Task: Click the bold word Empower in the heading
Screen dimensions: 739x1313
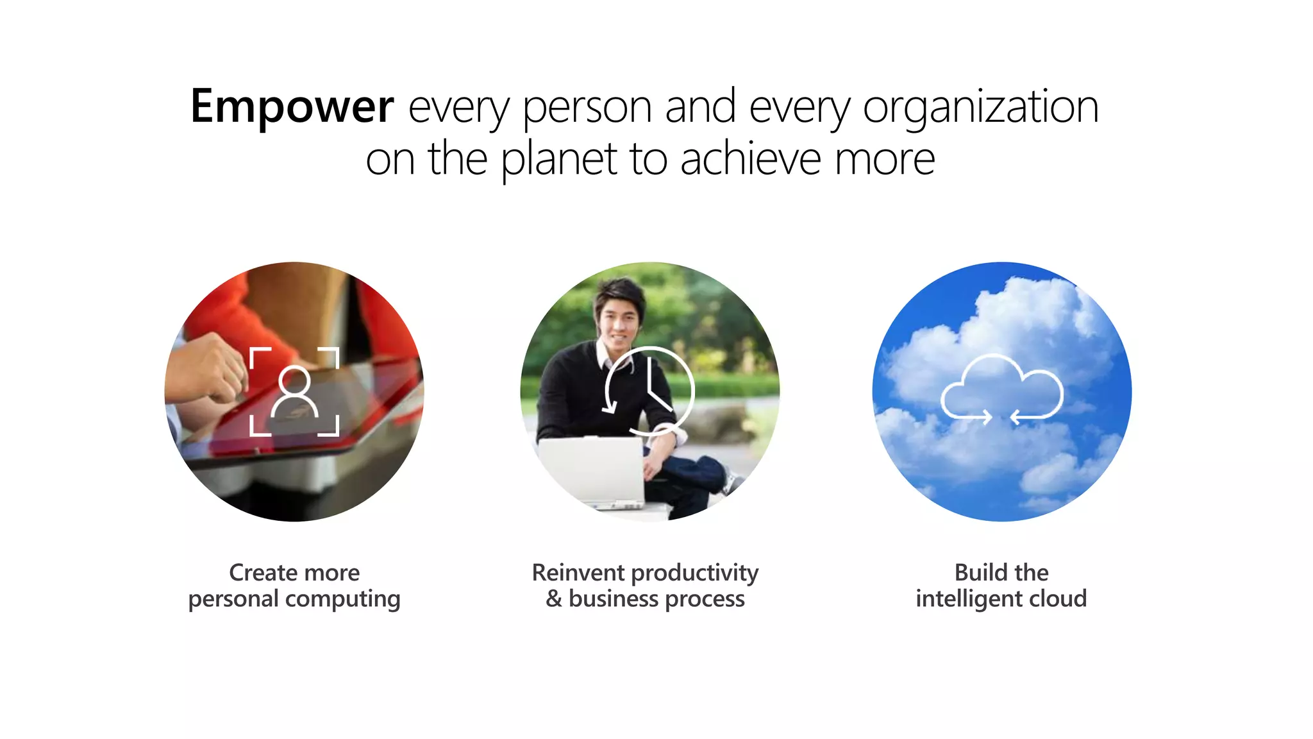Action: pyautogui.click(x=292, y=106)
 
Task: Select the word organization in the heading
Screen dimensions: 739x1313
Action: pyautogui.click(x=980, y=106)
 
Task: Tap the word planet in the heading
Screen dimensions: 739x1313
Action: pyautogui.click(x=558, y=159)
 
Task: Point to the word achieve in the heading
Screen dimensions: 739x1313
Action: pyautogui.click(x=750, y=159)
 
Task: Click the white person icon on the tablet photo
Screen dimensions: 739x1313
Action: pyautogui.click(x=294, y=392)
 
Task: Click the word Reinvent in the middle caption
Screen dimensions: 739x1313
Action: pyautogui.click(x=578, y=572)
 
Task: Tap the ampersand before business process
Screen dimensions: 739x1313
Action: pyautogui.click(x=554, y=599)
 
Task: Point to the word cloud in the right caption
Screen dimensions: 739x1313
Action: pyautogui.click(x=1058, y=599)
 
